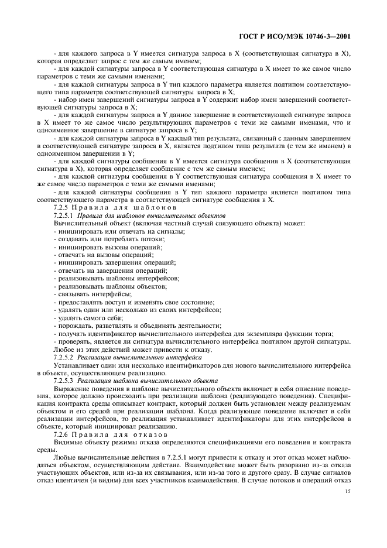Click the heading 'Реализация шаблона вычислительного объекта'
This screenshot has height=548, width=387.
tap(146, 380)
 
